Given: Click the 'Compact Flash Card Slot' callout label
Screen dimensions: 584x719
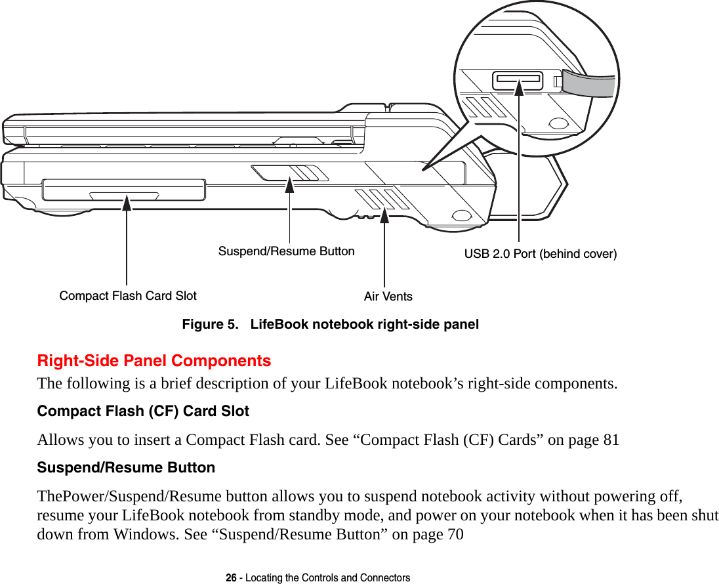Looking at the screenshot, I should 128,296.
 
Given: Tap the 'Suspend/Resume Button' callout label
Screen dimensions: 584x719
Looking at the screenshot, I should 286,251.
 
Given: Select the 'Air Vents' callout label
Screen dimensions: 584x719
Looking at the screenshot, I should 388,297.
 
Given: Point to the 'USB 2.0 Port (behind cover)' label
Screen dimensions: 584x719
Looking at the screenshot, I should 541,254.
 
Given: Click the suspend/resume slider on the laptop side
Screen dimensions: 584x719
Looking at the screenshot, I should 289,173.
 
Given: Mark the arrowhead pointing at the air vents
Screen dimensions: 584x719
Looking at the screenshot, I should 384,215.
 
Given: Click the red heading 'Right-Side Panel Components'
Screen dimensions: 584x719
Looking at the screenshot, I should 154,361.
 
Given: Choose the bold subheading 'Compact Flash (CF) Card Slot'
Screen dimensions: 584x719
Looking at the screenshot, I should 143,411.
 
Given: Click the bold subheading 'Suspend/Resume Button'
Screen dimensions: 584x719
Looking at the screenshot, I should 126,468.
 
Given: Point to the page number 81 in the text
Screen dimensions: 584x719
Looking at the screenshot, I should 610,440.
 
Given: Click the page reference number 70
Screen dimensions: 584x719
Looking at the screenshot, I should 454,534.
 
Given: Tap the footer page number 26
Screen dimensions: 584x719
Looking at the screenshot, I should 231,578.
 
